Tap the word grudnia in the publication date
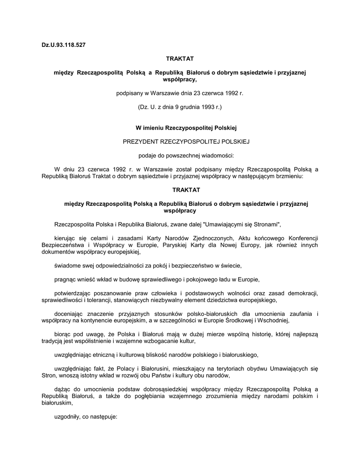[184, 107]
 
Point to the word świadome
[67, 265]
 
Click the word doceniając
[70, 314]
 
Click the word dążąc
[62, 390]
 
